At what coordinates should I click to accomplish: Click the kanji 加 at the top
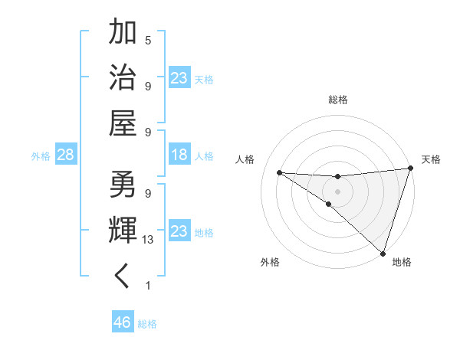tap(123, 33)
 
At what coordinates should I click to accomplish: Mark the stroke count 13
tap(148, 239)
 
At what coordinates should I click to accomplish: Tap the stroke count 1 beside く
tap(148, 285)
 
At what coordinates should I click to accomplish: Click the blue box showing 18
tap(179, 155)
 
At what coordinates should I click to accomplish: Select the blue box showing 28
tap(66, 155)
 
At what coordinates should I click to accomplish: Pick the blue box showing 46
tap(123, 323)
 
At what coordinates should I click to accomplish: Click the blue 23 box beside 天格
tap(179, 78)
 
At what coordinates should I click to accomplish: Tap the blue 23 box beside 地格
tap(179, 231)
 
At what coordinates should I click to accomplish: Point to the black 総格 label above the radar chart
tap(337, 100)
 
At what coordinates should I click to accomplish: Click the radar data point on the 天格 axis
tap(410, 169)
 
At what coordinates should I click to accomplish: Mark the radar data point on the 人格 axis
tap(279, 172)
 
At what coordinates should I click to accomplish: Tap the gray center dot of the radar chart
tap(337, 191)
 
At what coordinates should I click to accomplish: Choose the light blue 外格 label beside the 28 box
tap(41, 156)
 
